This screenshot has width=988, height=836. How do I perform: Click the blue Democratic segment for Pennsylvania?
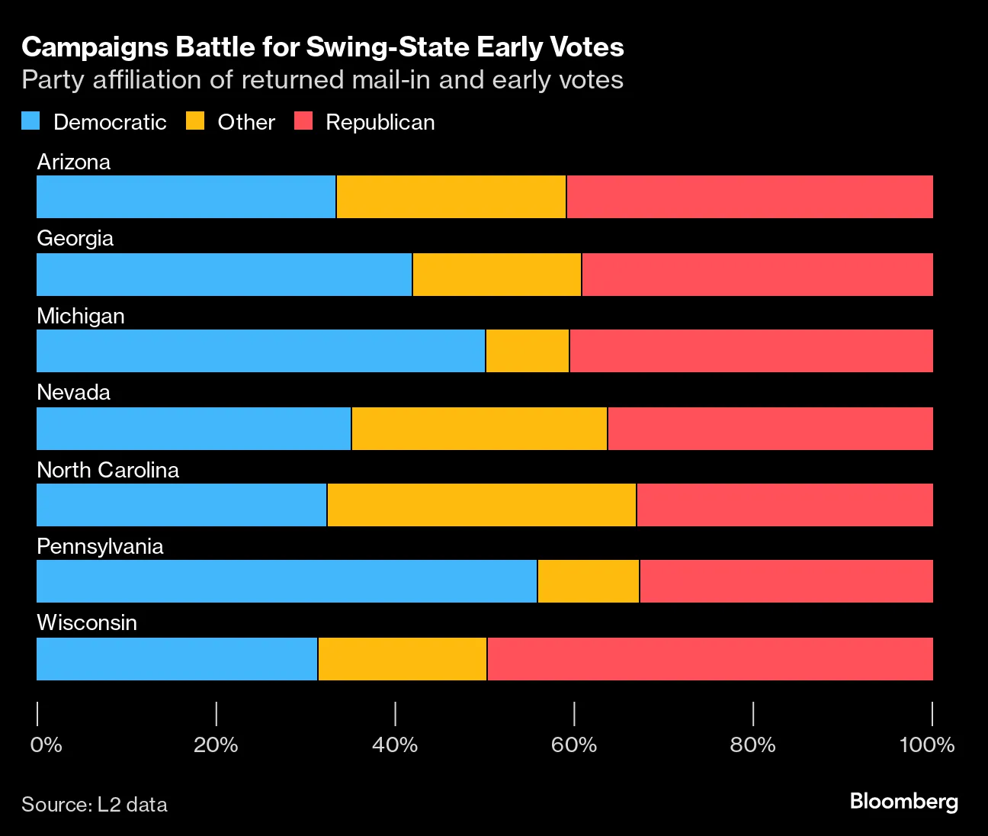click(287, 581)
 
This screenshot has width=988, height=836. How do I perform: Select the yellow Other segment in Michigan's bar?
click(528, 351)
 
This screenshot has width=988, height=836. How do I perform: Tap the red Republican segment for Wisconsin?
click(710, 659)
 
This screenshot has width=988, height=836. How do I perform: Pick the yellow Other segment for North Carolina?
click(481, 505)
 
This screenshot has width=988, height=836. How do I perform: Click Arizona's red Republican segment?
click(749, 197)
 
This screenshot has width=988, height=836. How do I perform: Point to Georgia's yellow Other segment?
click(497, 275)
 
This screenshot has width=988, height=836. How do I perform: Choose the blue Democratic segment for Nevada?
click(194, 429)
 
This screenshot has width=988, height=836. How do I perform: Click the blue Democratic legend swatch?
click(30, 121)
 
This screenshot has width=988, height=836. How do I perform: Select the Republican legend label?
click(380, 122)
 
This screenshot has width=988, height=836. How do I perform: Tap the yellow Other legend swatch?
click(195, 121)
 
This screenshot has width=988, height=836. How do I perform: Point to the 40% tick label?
click(395, 744)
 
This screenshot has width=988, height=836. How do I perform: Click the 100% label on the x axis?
click(927, 744)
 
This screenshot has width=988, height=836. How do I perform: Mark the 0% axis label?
click(46, 744)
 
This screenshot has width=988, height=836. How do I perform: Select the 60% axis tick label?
click(573, 744)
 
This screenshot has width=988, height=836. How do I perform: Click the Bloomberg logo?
click(903, 801)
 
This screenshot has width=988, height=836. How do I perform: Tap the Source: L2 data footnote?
click(95, 805)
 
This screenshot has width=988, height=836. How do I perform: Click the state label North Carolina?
click(107, 470)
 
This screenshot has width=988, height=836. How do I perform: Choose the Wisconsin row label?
click(87, 622)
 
